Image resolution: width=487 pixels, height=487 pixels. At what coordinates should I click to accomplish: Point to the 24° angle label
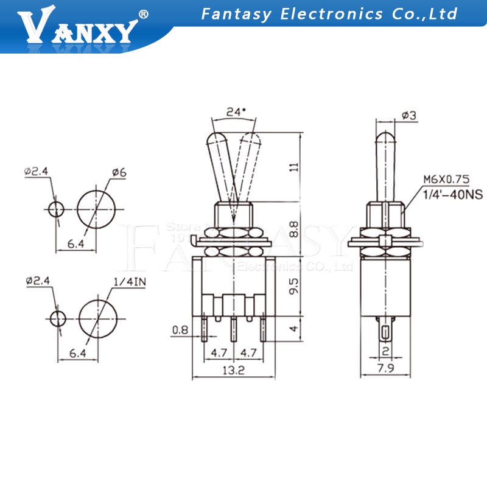(235, 111)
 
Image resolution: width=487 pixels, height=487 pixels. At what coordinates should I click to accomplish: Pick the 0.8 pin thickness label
(180, 331)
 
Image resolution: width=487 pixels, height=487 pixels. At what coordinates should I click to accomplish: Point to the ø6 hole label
(118, 173)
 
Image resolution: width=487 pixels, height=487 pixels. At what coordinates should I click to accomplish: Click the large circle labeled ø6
(96, 208)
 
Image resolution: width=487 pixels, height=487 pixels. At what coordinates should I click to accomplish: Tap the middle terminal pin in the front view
(233, 328)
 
